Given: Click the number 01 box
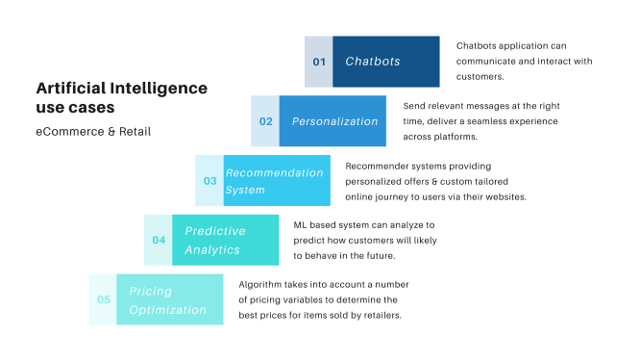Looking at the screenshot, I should (319, 62).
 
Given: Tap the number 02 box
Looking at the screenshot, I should (265, 121).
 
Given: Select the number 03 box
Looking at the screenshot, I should (209, 180).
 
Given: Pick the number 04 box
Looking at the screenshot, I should (159, 240).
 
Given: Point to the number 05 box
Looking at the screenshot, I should (103, 299).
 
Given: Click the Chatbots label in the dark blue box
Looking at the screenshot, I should (373, 62).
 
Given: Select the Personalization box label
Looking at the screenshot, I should (335, 121).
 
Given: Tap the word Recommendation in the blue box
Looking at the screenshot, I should (274, 173).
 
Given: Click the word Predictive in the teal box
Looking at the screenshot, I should (215, 231).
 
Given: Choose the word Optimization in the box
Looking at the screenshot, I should (168, 309).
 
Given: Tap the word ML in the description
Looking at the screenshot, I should (300, 225).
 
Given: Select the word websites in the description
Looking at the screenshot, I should (505, 196).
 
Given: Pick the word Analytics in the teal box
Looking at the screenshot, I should (212, 249).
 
